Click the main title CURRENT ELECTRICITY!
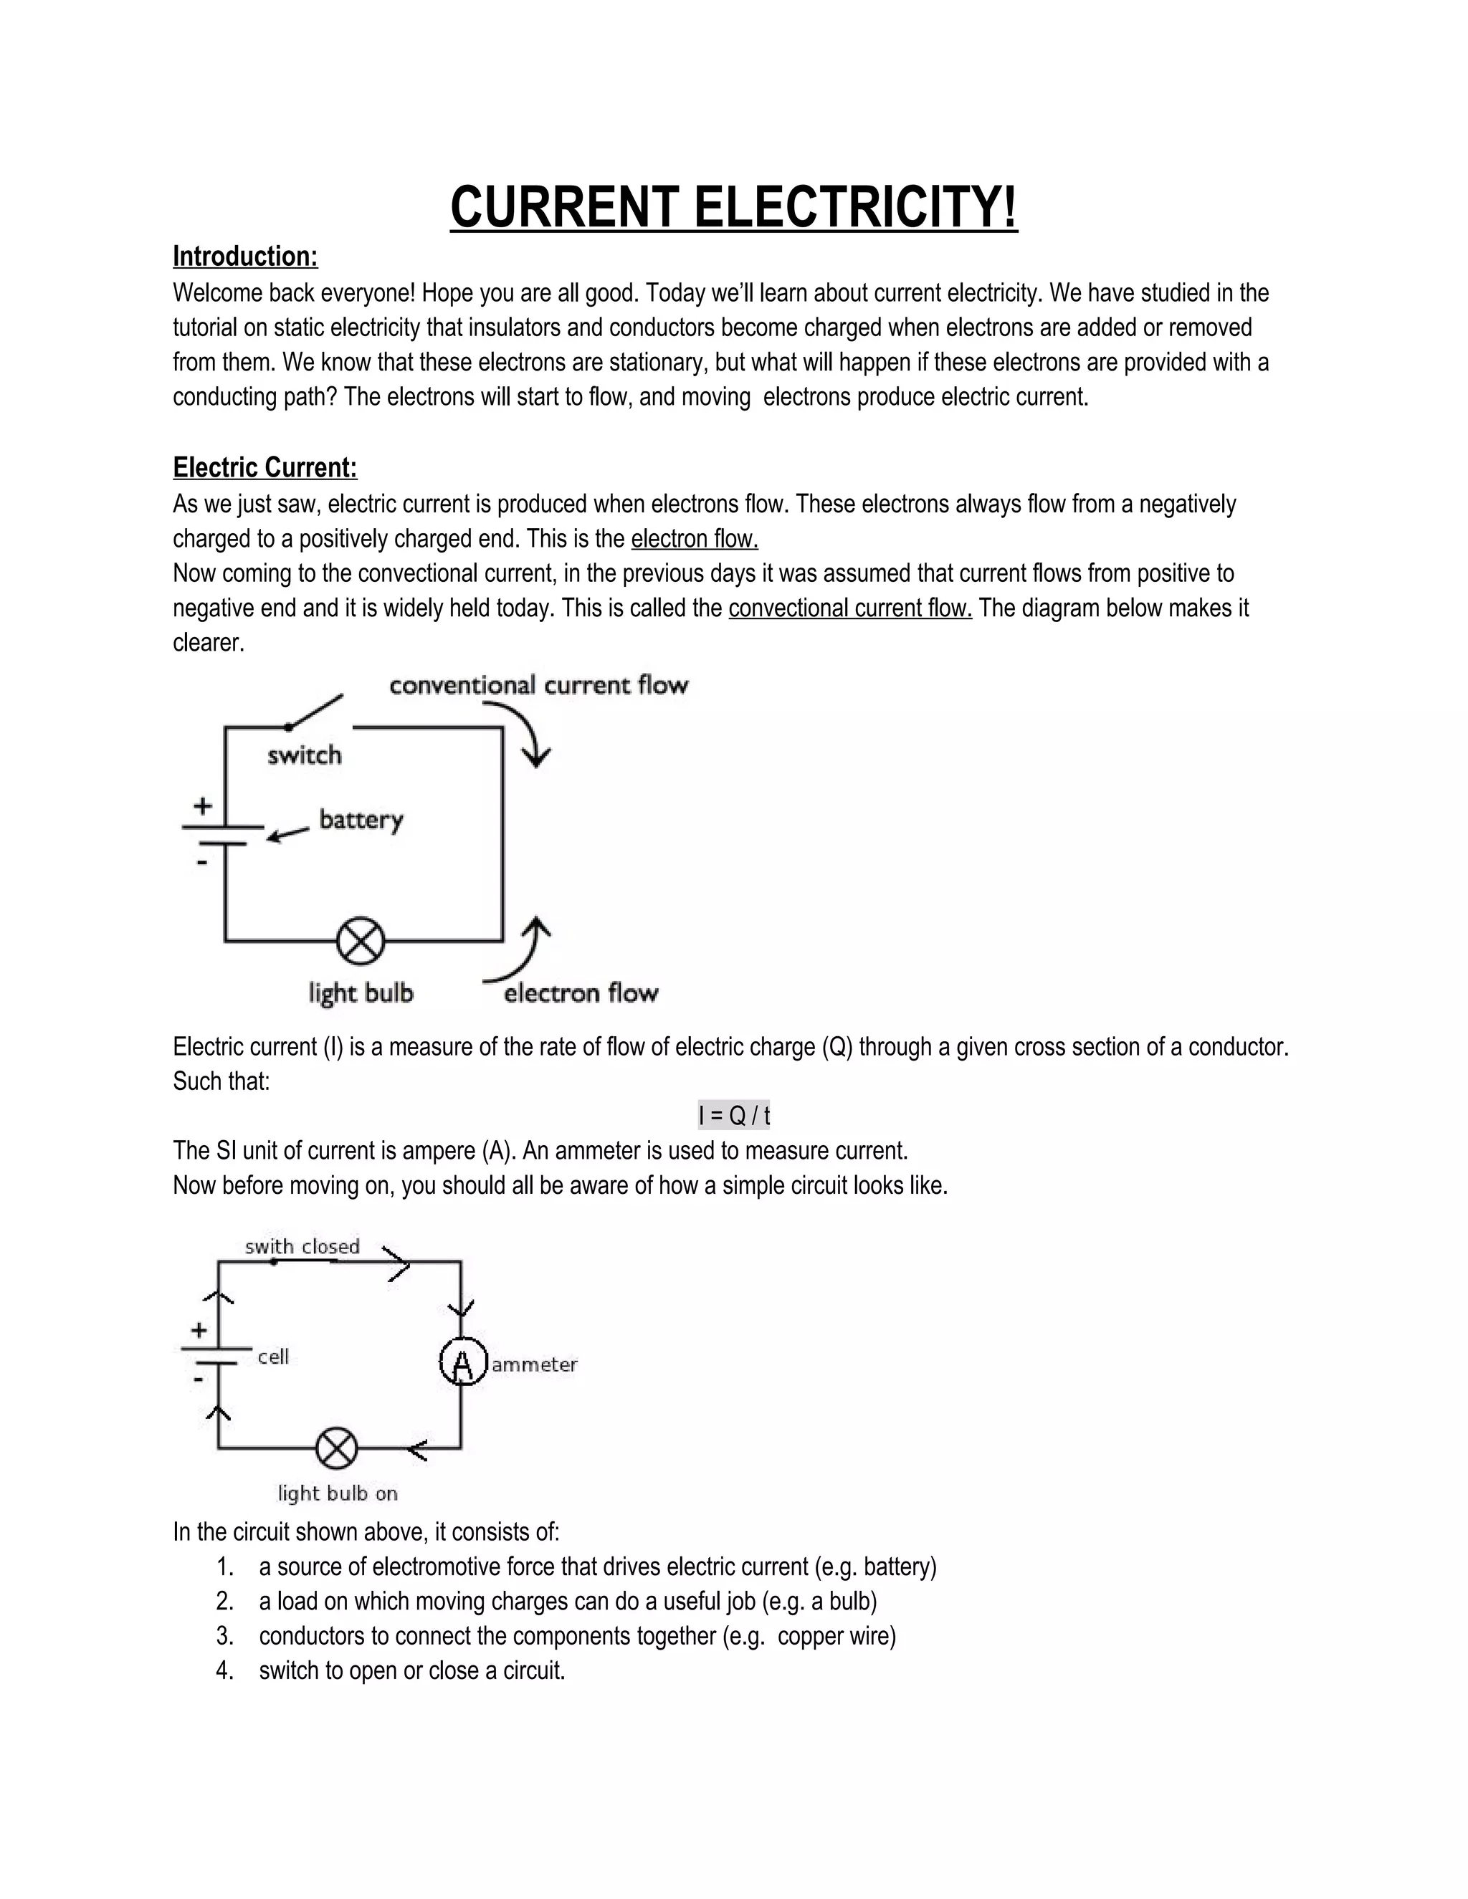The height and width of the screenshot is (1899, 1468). coord(733,208)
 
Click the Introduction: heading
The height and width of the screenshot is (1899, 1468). coord(245,257)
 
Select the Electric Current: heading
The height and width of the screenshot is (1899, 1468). coord(264,468)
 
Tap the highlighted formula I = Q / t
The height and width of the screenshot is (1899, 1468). coord(733,1115)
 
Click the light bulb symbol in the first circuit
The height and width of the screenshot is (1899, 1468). coord(360,941)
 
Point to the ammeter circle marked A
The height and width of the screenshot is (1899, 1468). coord(462,1362)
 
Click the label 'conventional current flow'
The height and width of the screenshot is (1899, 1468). coord(538,685)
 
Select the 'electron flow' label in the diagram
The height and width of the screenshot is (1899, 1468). coord(581,993)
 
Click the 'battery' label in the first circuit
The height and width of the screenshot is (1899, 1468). coord(361,819)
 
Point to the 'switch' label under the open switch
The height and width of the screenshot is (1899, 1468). coord(305,755)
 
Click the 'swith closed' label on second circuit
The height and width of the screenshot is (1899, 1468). coord(302,1247)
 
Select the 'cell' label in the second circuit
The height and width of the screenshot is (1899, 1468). coord(273,1357)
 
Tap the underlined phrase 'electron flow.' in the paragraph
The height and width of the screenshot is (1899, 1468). coord(694,539)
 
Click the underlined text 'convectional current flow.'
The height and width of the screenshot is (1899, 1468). coord(849,608)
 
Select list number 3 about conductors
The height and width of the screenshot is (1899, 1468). coord(225,1637)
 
